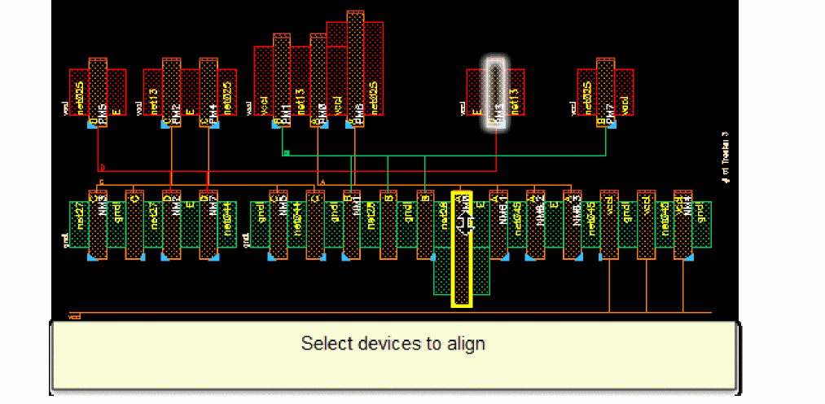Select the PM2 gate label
coord(175,110)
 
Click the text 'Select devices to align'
coord(393,343)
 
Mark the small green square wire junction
coord(285,152)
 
